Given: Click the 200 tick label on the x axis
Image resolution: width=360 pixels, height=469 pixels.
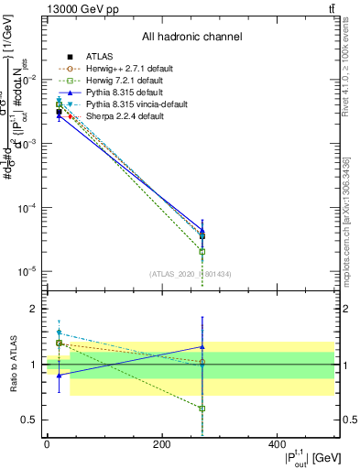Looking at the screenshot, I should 161,444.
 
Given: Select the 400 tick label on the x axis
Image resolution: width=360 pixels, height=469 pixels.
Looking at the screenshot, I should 277,444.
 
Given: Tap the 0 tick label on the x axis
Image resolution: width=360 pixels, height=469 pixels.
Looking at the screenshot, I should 47,444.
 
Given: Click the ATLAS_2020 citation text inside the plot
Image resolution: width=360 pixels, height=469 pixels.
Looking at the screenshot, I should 191,274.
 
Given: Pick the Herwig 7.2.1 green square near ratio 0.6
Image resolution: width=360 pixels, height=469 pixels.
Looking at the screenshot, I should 202,409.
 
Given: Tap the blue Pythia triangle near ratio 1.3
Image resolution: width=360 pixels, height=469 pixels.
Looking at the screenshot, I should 202,347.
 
